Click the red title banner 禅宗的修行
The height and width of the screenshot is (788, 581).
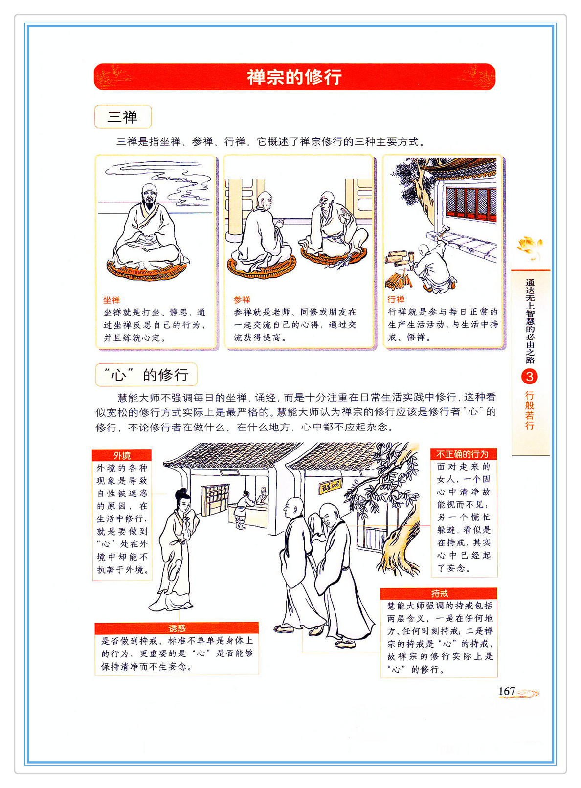tap(294, 77)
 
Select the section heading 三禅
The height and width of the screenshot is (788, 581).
tap(123, 117)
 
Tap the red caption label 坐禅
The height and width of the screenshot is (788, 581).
tap(112, 300)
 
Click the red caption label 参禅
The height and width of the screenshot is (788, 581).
tap(242, 300)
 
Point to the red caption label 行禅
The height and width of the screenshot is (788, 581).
tap(396, 299)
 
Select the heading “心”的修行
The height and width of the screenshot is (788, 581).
tap(146, 375)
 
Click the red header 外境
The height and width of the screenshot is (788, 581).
tap(122, 455)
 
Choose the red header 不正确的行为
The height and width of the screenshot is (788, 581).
tap(464, 454)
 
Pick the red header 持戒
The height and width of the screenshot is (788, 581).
tap(439, 593)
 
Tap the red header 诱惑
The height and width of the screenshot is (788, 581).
tap(177, 628)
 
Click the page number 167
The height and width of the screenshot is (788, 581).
tap(507, 691)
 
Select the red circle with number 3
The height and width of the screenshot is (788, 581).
tap(530, 377)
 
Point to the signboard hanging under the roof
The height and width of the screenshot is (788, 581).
tap(331, 486)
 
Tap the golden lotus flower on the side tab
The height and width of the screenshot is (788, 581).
tap(530, 248)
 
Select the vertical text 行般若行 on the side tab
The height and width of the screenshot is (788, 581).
tap(530, 410)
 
